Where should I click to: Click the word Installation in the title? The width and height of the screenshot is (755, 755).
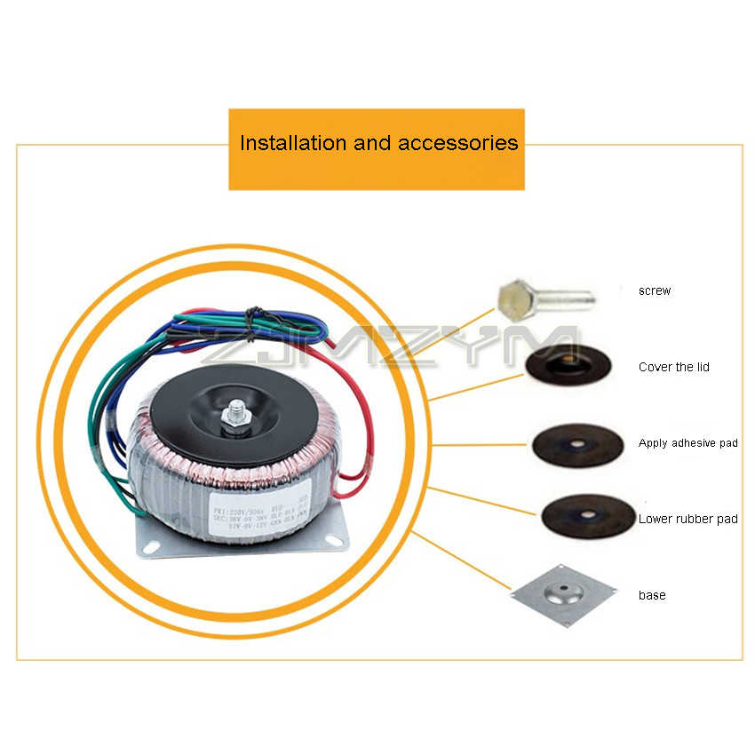293,143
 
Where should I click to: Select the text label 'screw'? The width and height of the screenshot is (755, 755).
655,290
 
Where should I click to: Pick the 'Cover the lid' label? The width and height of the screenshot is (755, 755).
674,367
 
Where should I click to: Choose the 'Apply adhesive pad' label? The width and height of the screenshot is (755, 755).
687,442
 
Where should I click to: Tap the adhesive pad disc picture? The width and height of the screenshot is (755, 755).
574,443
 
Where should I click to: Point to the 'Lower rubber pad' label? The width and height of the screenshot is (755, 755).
687,519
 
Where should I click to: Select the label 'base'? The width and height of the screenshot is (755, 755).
652,595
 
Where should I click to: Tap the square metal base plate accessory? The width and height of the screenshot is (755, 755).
563,594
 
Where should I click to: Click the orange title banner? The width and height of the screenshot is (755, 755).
377,149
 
